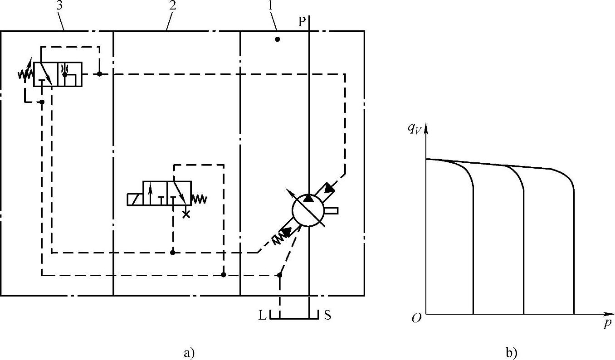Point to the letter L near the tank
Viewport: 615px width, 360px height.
click(262, 316)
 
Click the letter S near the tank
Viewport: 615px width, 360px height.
click(327, 316)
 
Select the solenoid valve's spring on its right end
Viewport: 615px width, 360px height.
click(199, 199)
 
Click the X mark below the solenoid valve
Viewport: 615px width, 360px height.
click(185, 214)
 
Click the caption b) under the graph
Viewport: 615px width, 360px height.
click(511, 352)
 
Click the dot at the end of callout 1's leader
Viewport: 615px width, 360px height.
click(278, 39)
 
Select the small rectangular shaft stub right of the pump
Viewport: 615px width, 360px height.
click(332, 210)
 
